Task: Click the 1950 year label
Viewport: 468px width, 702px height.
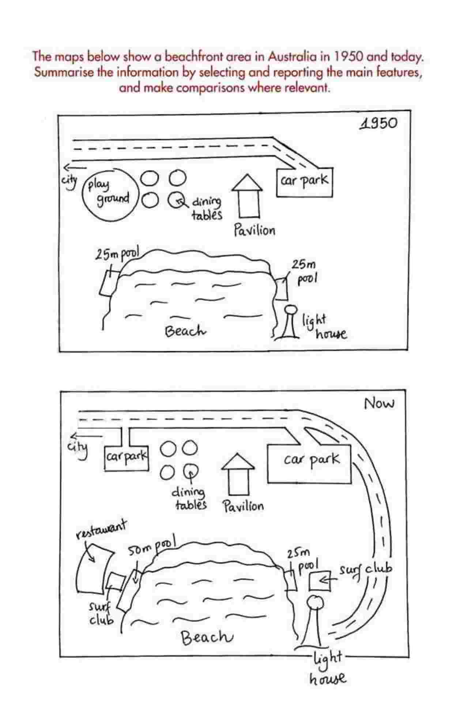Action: click(x=378, y=124)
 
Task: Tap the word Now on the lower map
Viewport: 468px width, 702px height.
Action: click(x=379, y=404)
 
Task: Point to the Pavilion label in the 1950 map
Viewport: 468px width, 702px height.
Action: click(x=254, y=230)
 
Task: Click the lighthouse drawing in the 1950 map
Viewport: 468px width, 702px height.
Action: click(x=291, y=321)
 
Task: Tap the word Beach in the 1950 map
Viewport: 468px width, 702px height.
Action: click(x=186, y=331)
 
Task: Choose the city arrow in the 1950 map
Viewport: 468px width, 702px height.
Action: click(x=75, y=168)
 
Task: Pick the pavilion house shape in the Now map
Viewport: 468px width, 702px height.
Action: click(x=238, y=474)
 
